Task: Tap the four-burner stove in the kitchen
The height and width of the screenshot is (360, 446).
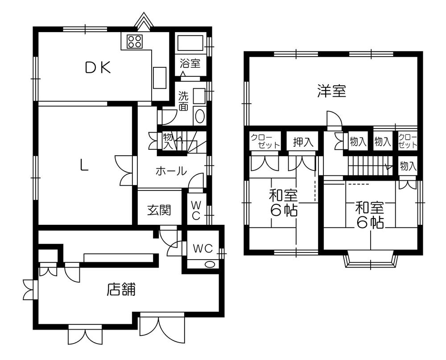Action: [x=135, y=41]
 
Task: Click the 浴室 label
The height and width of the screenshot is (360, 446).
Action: [x=190, y=63]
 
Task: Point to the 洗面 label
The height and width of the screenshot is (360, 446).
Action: [x=183, y=101]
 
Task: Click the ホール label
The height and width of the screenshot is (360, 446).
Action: [x=171, y=171]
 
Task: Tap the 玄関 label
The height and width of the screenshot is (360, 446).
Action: [x=159, y=210]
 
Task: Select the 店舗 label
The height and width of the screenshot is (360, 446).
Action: [x=121, y=290]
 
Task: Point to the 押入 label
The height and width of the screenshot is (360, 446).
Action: [x=303, y=142]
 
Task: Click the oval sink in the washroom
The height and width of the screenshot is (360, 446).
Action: [x=200, y=117]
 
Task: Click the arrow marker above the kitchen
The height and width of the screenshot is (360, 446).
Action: [x=144, y=21]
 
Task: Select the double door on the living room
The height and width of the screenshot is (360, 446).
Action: [x=124, y=170]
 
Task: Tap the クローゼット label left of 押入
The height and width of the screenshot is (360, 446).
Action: [x=265, y=141]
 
